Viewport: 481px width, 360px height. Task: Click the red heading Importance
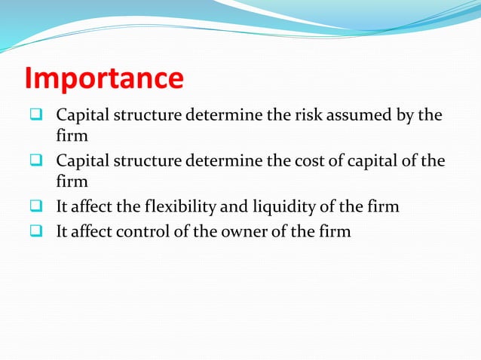(103, 78)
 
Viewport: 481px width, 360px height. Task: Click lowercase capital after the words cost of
(377, 162)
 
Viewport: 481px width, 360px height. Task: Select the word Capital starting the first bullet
(81, 116)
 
